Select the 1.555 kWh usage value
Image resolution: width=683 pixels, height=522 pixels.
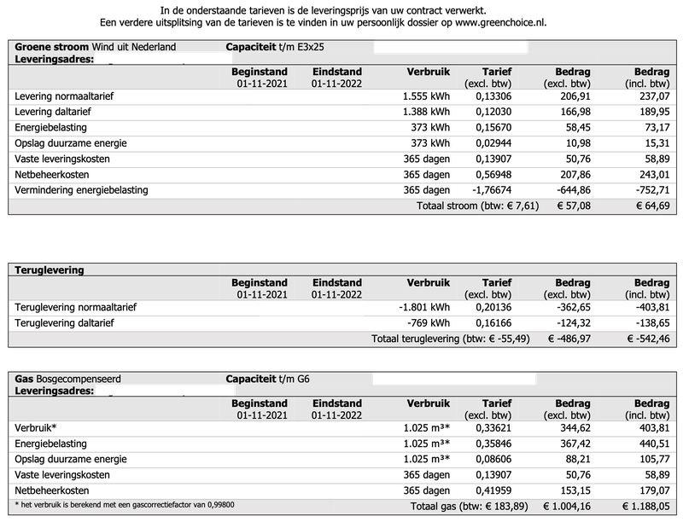point(425,96)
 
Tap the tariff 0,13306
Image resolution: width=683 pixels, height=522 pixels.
point(493,96)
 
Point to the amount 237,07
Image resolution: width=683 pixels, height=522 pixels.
point(651,96)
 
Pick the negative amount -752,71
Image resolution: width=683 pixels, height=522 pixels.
point(649,189)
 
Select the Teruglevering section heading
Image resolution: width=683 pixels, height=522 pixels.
point(50,270)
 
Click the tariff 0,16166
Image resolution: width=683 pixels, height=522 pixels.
point(493,322)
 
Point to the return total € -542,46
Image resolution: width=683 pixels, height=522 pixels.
point(647,339)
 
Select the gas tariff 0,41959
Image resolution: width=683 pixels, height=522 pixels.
point(493,490)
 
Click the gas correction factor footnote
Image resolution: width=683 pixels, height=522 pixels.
point(125,505)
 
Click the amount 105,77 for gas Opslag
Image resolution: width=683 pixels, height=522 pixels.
point(651,459)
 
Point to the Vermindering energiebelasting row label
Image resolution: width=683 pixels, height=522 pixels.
point(81,189)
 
